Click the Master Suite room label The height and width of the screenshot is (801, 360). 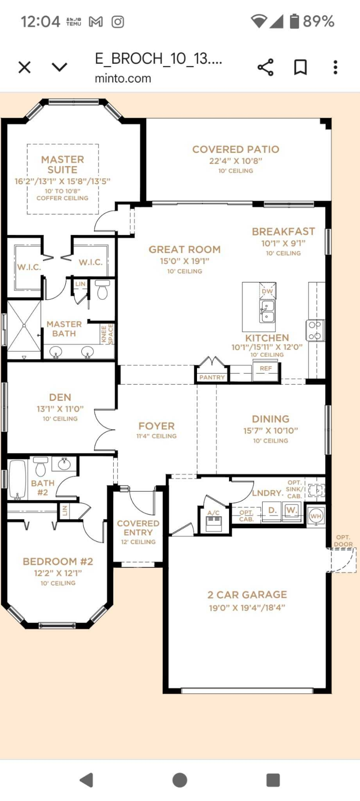62,165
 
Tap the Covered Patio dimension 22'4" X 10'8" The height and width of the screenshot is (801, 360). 235,161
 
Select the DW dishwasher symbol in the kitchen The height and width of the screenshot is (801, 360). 267,291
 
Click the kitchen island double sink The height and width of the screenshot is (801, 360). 267,312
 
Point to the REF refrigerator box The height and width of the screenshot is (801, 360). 265,368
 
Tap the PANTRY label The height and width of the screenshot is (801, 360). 212,377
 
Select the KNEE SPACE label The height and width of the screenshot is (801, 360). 107,334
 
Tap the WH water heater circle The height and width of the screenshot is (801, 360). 316,516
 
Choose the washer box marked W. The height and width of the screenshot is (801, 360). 292,510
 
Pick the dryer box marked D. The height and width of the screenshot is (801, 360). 272,510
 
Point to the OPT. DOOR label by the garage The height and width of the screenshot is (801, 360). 343,541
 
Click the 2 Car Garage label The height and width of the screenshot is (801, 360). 247,595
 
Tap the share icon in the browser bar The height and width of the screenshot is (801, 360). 265,67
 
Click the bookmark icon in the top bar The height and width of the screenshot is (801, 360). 300,67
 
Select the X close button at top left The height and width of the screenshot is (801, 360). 24,67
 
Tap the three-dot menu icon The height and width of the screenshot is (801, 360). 335,67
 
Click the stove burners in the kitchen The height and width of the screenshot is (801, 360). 315,330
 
